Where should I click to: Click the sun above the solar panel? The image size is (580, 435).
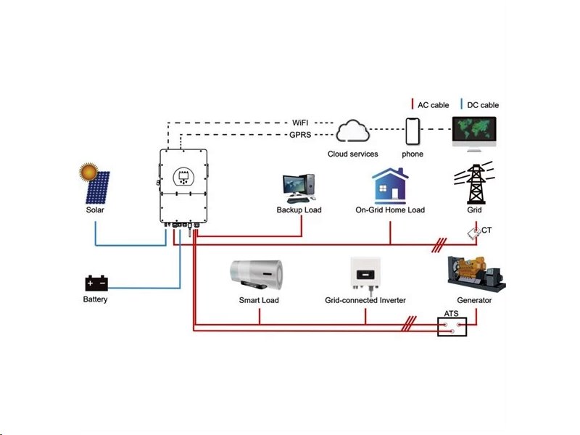(x=88, y=173)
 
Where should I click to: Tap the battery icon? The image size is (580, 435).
(x=96, y=282)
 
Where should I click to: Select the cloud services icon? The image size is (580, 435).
(x=353, y=132)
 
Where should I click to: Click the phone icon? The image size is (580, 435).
(x=413, y=132)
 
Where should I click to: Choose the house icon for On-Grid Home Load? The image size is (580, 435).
(x=390, y=186)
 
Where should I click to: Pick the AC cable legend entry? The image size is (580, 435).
(x=430, y=105)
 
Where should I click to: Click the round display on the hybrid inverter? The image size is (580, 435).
(x=183, y=176)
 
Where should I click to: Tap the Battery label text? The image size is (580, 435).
(x=96, y=299)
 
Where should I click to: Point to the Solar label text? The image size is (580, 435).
(x=95, y=210)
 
